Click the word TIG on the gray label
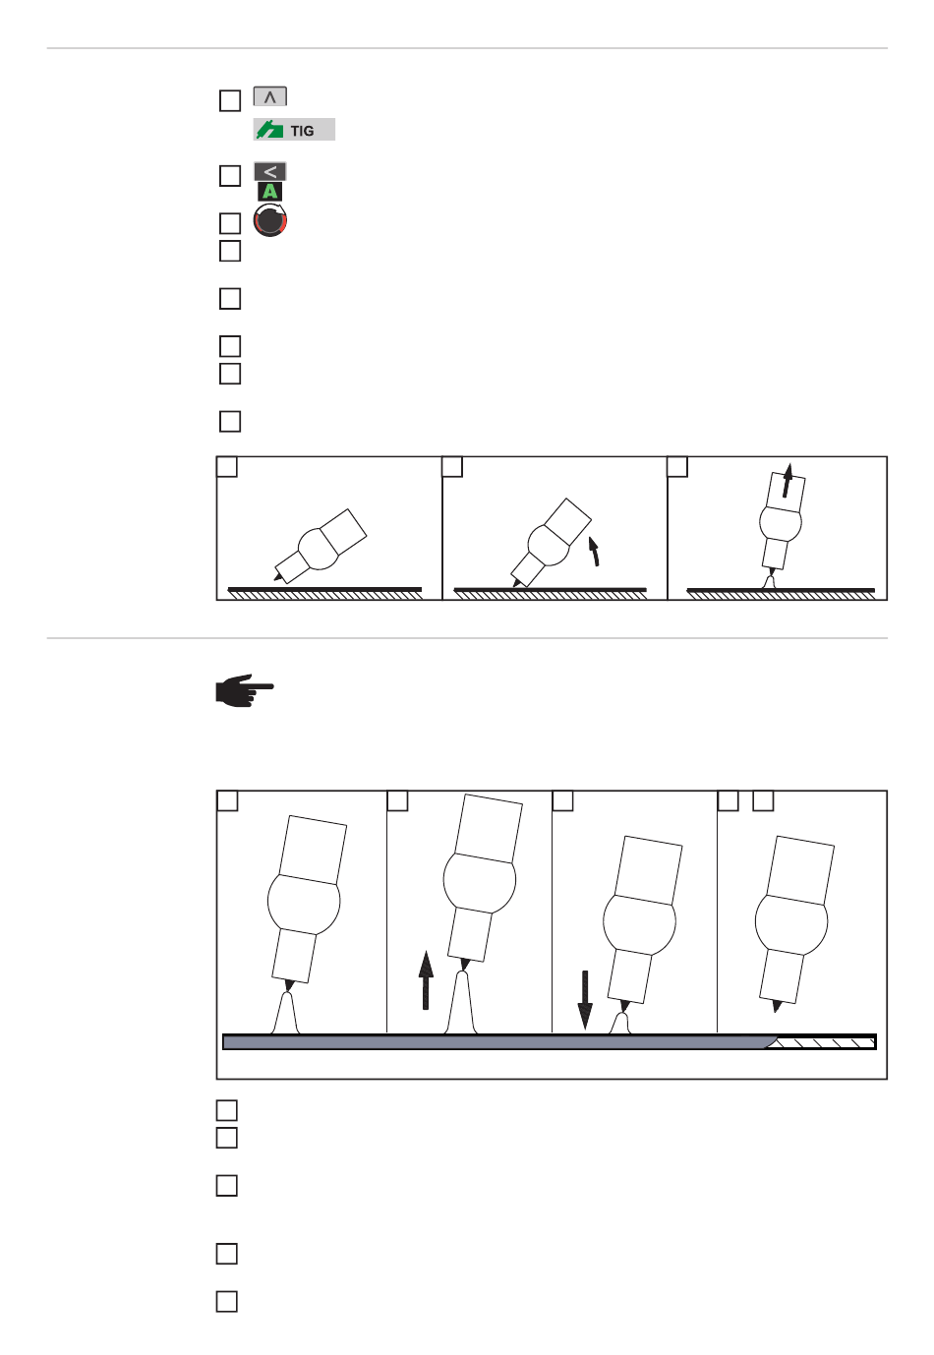(302, 131)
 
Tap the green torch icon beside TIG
(269, 130)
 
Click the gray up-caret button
(269, 96)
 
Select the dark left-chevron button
(269, 172)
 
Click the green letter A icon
(269, 191)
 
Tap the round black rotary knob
(269, 220)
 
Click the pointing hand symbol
(245, 690)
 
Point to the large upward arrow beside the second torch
(426, 980)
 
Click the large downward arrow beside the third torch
(584, 1000)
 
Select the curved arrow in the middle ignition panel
(595, 550)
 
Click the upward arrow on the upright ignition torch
(787, 480)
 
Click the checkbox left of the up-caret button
(230, 100)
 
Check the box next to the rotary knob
(230, 223)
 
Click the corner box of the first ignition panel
(227, 466)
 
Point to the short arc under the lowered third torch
(620, 1024)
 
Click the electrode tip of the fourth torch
(776, 1007)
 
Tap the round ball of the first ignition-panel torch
(319, 549)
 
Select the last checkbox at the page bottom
(227, 1301)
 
